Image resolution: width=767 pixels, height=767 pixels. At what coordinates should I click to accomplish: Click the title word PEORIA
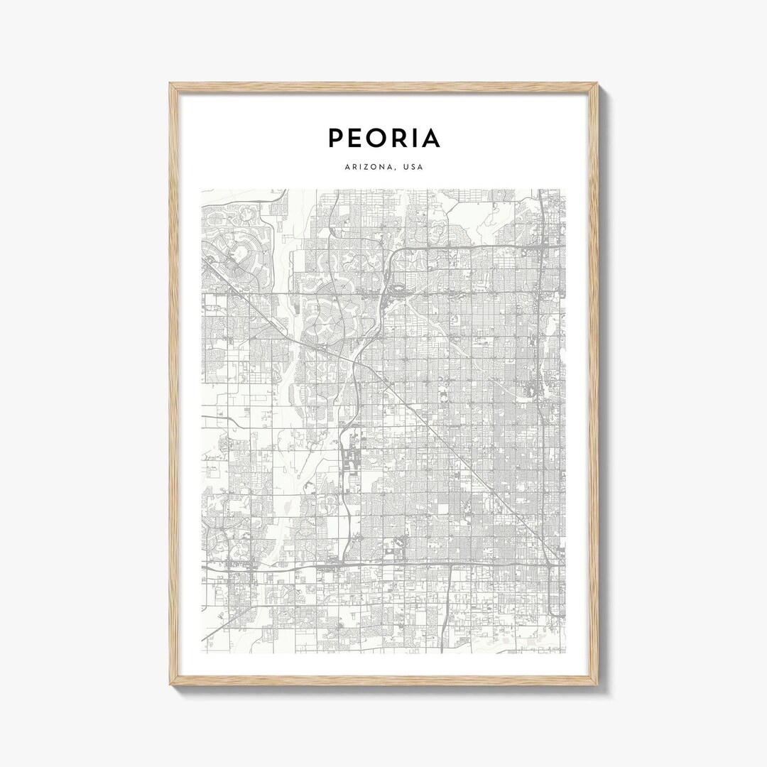pyautogui.click(x=383, y=138)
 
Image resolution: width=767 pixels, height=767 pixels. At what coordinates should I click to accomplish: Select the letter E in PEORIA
pyautogui.click(x=357, y=138)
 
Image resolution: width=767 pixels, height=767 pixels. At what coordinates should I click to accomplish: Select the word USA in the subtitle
pyautogui.click(x=413, y=168)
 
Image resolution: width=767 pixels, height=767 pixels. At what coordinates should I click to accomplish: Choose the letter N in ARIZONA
pyautogui.click(x=384, y=168)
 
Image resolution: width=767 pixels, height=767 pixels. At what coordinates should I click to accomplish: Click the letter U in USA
pyautogui.click(x=406, y=168)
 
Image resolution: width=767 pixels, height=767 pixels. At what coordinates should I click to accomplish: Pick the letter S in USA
pyautogui.click(x=413, y=168)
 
